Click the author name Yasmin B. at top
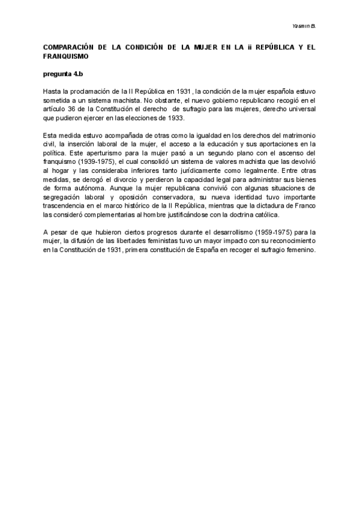pyautogui.click(x=304, y=26)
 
